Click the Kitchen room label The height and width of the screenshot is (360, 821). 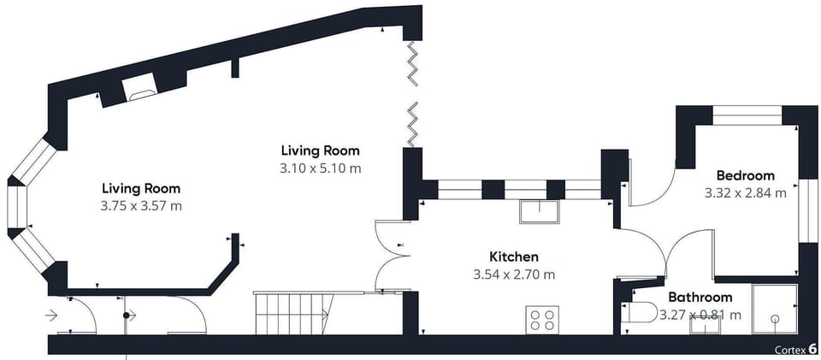(514, 257)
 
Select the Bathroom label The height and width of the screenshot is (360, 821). (700, 298)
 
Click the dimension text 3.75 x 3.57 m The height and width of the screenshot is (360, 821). (141, 205)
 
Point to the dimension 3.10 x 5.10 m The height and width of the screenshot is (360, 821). (321, 168)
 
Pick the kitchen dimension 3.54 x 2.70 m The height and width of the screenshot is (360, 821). (514, 274)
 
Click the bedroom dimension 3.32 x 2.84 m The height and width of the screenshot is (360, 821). (746, 193)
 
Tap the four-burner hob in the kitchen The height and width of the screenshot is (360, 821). (542, 320)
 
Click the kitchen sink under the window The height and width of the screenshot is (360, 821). (540, 211)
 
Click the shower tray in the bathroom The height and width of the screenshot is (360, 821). (775, 310)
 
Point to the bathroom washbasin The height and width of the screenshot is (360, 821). (705, 325)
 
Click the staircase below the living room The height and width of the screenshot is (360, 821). (294, 314)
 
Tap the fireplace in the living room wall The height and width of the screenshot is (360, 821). (139, 87)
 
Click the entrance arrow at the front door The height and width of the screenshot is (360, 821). (51, 316)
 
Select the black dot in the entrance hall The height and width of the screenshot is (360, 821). (126, 316)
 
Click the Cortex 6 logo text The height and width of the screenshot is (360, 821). (796, 349)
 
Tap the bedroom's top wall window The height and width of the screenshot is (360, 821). (747, 115)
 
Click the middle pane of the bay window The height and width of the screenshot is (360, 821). (17, 207)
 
